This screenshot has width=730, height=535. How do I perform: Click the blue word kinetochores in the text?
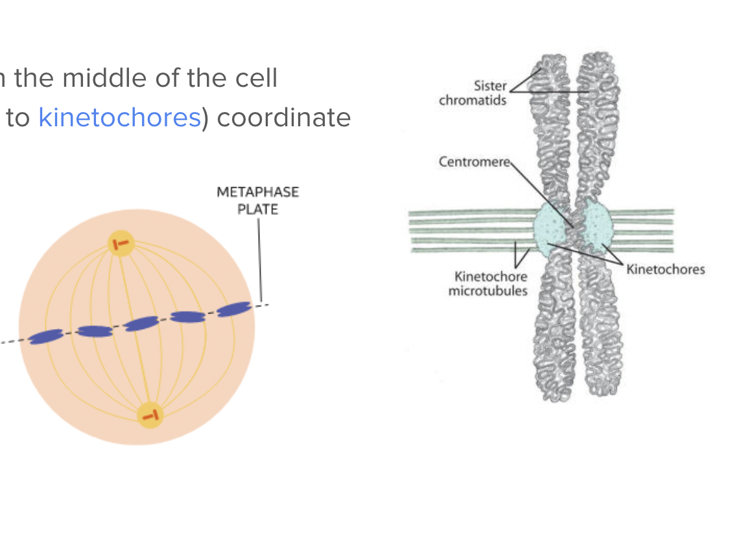[x=119, y=117]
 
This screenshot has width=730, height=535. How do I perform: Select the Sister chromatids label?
[x=472, y=93]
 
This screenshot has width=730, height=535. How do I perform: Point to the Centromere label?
[x=474, y=161]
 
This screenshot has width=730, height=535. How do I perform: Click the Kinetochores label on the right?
[x=665, y=269]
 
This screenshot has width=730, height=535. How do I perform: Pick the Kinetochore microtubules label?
[x=488, y=284]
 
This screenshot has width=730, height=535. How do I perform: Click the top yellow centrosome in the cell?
[x=121, y=244]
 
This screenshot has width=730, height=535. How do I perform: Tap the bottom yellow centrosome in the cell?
[x=150, y=415]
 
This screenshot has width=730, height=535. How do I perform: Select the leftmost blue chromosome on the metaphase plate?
[x=45, y=336]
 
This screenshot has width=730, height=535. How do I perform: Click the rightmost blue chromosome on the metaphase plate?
[x=233, y=309]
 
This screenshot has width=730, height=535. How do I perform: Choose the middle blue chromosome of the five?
[x=141, y=323]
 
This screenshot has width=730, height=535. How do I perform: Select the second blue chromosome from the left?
[x=95, y=332]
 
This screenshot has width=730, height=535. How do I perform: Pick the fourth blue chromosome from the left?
[x=188, y=316]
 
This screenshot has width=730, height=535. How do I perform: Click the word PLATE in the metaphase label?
[x=257, y=209]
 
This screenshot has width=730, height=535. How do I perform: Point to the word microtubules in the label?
[x=488, y=291]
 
